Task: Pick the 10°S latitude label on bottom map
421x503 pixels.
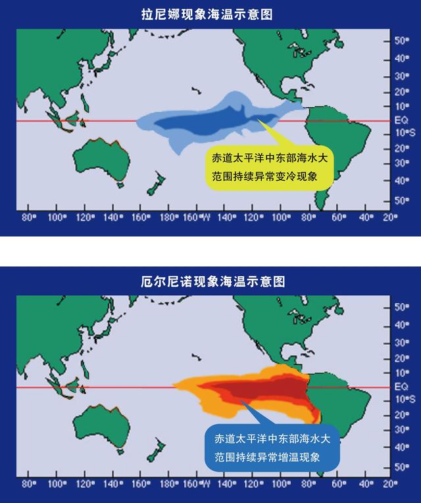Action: pos(401,399)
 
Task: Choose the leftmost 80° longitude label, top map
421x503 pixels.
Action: pos(28,218)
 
